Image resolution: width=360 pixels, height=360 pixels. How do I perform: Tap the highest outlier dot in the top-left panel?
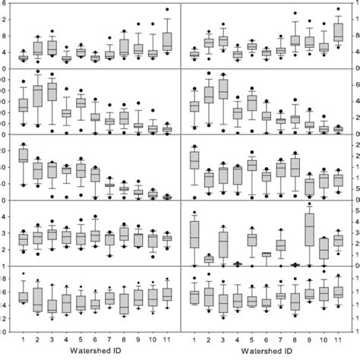tap(167, 10)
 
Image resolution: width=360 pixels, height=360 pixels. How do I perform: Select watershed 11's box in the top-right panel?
tap(338, 33)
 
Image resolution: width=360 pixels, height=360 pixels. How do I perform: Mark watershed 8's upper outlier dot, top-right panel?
tap(295, 13)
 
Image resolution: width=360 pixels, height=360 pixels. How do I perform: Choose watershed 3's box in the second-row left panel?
tap(52, 91)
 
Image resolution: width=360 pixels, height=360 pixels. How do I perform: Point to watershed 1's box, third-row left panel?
tap(23, 155)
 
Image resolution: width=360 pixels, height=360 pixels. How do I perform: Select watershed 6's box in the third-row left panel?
tap(95, 174)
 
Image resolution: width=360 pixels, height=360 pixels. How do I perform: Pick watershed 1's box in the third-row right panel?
tap(194, 159)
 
